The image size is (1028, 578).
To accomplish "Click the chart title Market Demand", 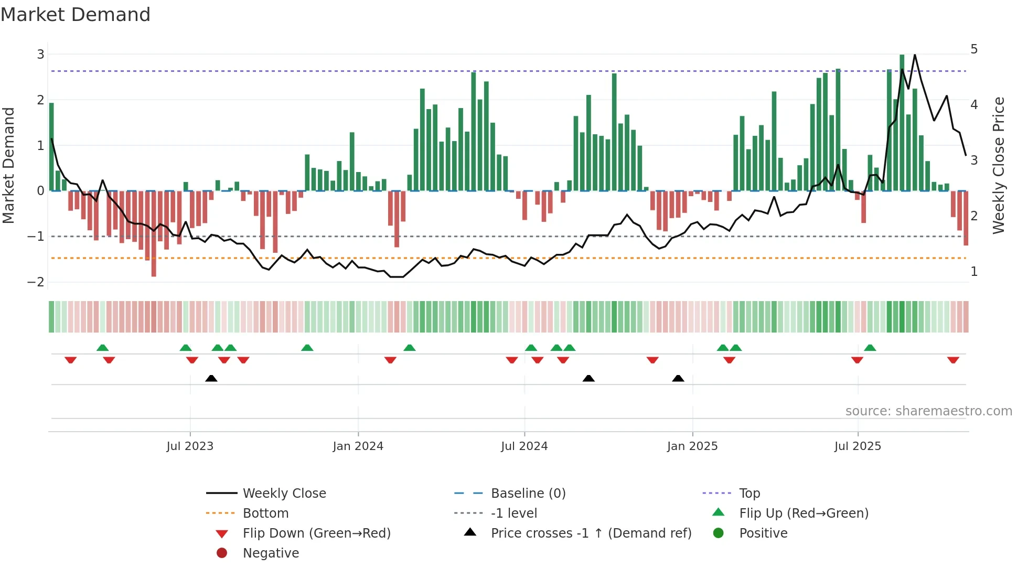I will [76, 15].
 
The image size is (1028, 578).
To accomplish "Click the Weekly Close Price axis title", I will [999, 165].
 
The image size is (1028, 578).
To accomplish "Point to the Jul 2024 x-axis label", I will [524, 446].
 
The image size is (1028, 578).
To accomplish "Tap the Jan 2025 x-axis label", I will [692, 446].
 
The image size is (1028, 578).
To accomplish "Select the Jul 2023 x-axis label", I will [190, 446].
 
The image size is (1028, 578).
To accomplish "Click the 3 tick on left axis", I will [40, 54].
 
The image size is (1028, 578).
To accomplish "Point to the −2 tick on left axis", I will [36, 282].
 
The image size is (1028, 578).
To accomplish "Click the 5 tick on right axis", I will [974, 49].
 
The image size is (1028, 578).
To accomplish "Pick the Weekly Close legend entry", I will [284, 494].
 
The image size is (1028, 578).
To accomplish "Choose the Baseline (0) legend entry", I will [528, 494].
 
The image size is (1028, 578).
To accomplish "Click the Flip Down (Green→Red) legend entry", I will [316, 533].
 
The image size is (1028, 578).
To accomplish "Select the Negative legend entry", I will [271, 553].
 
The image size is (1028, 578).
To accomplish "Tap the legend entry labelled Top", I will [749, 494].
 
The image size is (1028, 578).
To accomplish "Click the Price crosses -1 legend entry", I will [591, 533].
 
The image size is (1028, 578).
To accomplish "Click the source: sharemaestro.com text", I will [928, 411].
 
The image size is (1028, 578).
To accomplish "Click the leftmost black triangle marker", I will [211, 378].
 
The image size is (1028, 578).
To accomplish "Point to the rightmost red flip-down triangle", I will [953, 360].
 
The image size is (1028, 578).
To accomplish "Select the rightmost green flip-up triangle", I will [870, 348].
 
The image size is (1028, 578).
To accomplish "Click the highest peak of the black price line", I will [915, 55].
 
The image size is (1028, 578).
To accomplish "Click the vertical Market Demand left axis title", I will [9, 165].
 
